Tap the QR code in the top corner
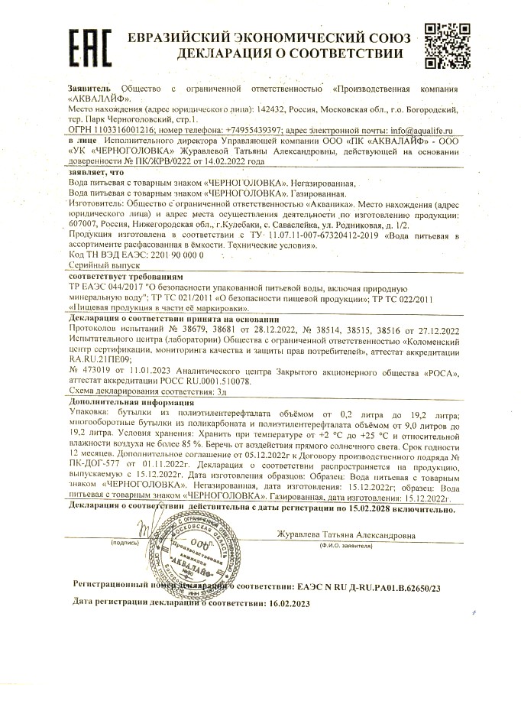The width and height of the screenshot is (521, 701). pos(443,44)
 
